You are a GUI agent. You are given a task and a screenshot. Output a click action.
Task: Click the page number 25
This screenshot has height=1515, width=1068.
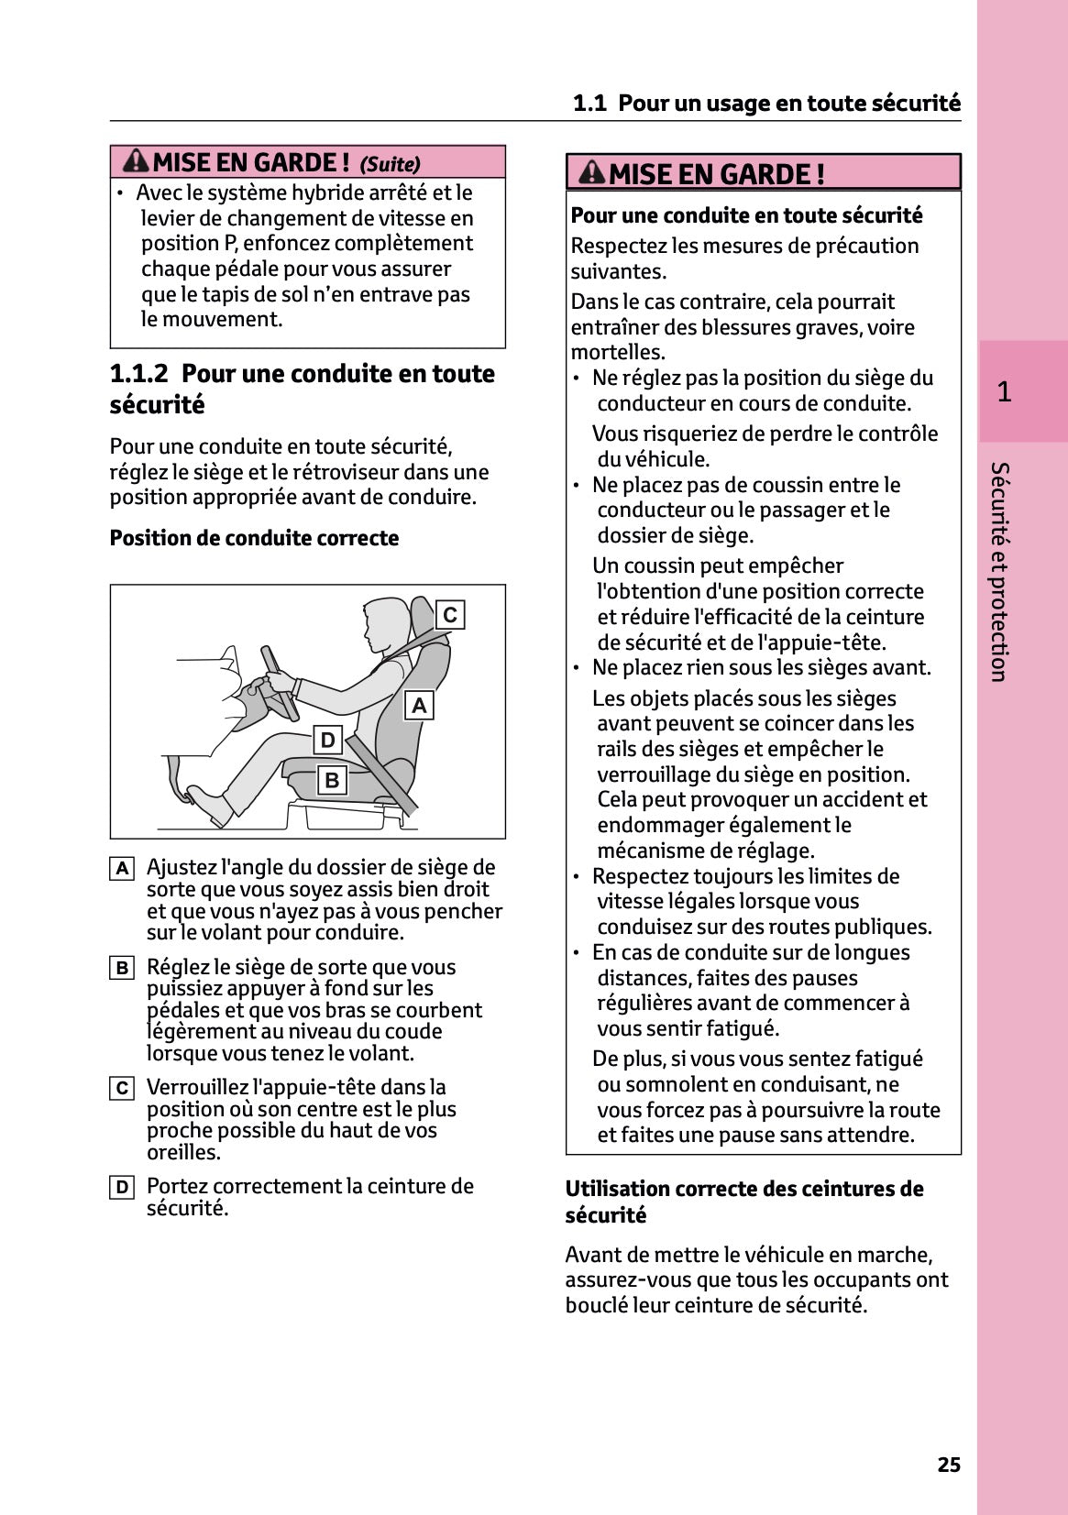949,1465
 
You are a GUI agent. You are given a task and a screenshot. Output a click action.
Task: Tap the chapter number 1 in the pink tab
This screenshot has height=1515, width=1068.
1004,392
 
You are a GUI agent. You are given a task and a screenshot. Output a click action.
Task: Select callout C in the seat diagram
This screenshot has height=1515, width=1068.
449,615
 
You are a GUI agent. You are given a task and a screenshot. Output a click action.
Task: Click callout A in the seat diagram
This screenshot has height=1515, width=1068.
419,706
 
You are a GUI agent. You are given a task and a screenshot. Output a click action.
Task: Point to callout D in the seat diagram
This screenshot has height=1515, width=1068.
327,740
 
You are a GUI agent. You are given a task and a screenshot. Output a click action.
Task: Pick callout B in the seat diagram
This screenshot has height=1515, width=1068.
332,780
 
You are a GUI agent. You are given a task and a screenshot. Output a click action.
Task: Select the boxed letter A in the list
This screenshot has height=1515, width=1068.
122,868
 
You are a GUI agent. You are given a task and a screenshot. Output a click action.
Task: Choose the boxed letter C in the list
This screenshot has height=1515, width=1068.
122,1088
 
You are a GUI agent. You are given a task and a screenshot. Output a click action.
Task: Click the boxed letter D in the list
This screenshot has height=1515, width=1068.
122,1188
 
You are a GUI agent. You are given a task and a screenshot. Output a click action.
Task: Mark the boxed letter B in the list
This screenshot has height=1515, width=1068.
122,968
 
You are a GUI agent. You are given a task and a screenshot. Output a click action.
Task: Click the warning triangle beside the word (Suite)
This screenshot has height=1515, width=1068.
136,161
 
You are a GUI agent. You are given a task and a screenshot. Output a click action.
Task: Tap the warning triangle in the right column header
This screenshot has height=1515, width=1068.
592,172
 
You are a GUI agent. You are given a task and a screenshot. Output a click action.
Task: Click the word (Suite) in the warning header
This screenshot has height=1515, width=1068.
390,164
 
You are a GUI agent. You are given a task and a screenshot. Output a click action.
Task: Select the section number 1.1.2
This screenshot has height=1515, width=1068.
138,374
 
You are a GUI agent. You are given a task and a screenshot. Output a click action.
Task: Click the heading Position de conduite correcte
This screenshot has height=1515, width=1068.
254,538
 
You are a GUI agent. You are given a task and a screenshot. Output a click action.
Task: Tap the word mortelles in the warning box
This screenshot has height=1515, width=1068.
616,353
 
